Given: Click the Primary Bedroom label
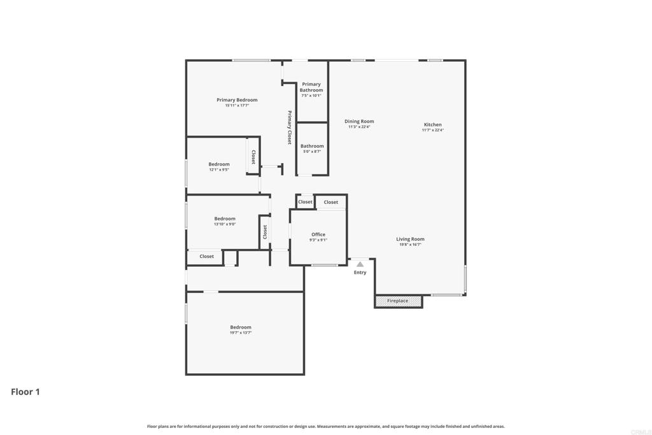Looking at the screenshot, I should [x=237, y=100].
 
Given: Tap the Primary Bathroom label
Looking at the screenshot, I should [x=311, y=87].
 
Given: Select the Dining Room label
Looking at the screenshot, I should [x=359, y=121].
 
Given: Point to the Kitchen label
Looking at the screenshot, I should [x=433, y=125].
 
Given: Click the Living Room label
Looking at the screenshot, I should [x=410, y=239].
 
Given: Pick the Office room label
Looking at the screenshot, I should [x=318, y=234].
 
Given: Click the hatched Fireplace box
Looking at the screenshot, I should [x=398, y=301].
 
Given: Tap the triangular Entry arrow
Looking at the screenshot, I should [x=360, y=264].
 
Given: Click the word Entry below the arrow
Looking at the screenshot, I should [x=360, y=273].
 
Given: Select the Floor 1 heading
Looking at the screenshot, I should [x=25, y=392].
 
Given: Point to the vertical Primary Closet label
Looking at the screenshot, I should [x=289, y=127].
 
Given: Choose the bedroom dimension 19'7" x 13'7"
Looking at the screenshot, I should [x=241, y=332].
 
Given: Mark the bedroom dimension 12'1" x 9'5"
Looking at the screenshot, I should [x=219, y=169].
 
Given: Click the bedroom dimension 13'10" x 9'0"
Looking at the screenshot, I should [x=225, y=224].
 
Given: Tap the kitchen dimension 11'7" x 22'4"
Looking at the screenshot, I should [x=433, y=130].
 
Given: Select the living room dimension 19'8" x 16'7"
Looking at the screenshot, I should [x=410, y=245].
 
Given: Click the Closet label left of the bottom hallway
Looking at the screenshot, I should [x=207, y=256].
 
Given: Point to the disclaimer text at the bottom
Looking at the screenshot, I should [x=326, y=426].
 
